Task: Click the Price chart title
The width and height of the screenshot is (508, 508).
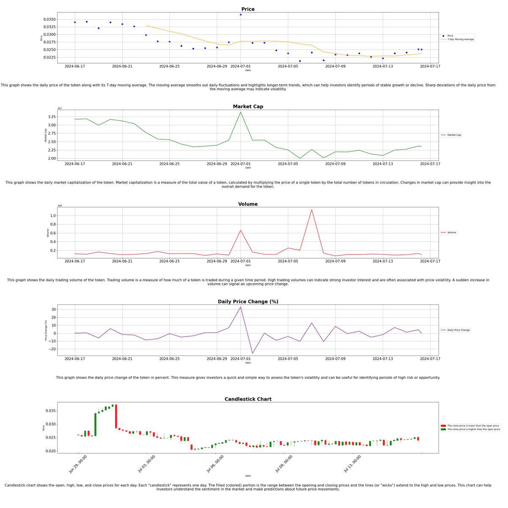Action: click(x=248, y=9)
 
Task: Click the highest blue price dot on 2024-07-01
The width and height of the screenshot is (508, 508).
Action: click(x=240, y=15)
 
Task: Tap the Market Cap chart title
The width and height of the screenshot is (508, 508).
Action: click(x=248, y=107)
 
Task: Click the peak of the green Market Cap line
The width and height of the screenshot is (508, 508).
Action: click(x=240, y=112)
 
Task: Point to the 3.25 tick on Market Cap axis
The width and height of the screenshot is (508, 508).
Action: click(x=51, y=117)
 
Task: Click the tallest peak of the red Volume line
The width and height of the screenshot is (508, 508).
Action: click(x=312, y=210)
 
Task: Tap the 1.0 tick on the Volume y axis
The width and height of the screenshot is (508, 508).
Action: click(x=53, y=216)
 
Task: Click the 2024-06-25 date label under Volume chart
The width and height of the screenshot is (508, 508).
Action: click(x=169, y=261)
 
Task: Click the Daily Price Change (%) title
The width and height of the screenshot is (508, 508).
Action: click(x=248, y=302)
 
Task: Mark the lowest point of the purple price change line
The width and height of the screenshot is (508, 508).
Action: click(x=252, y=353)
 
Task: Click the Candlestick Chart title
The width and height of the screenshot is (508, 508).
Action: click(x=248, y=399)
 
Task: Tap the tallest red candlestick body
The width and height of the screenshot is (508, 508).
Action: click(x=116, y=416)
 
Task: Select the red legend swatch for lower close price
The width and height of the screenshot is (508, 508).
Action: click(x=443, y=426)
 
